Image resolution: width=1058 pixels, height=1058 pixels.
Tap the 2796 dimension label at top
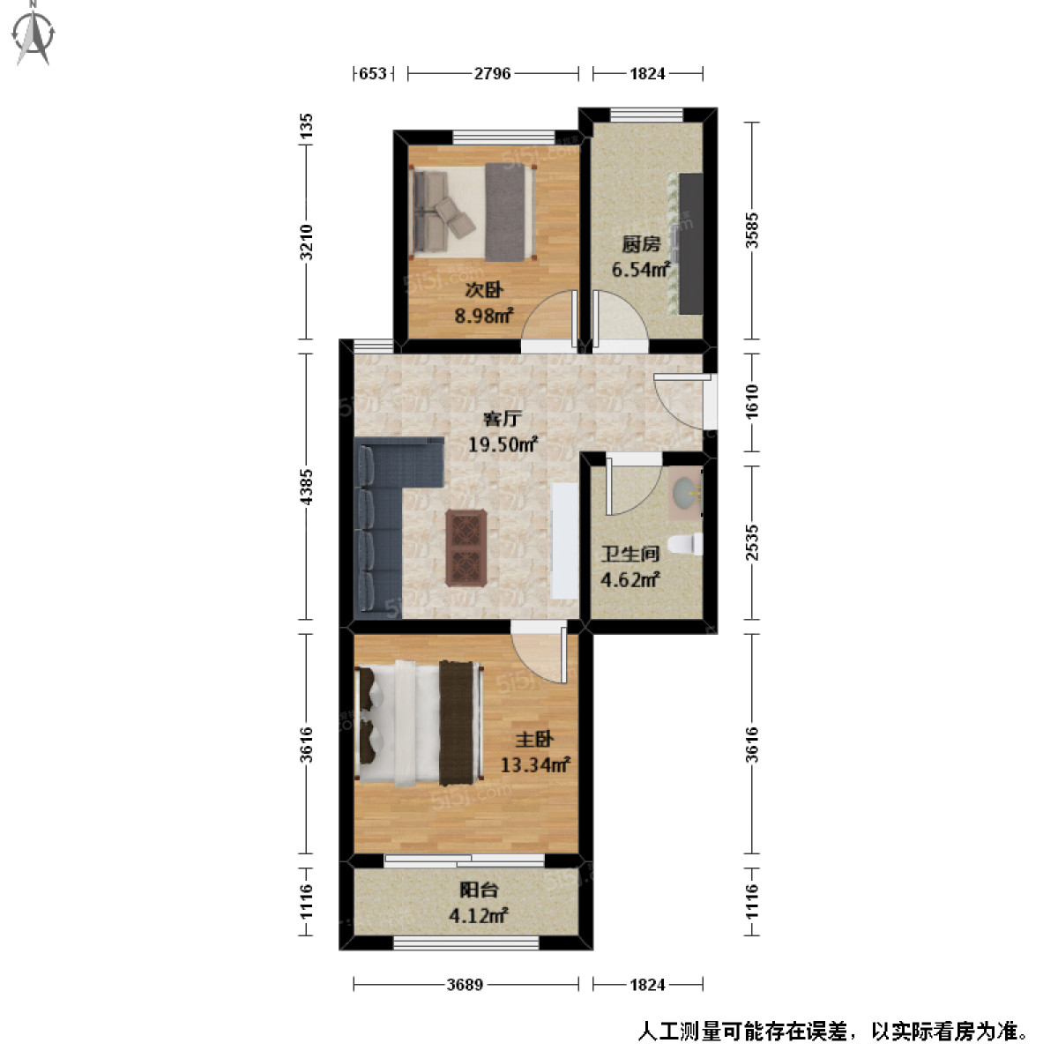[492, 74]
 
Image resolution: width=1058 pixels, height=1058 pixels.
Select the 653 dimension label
[373, 74]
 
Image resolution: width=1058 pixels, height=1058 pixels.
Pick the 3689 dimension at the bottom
[465, 985]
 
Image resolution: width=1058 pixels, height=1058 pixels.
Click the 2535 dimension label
[751, 541]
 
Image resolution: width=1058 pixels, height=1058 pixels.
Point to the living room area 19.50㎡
[503, 444]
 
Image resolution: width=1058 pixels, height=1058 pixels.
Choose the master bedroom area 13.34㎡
[534, 764]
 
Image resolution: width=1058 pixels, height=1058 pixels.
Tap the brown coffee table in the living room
[466, 547]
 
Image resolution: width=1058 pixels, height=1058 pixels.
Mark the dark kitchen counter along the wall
[690, 243]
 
